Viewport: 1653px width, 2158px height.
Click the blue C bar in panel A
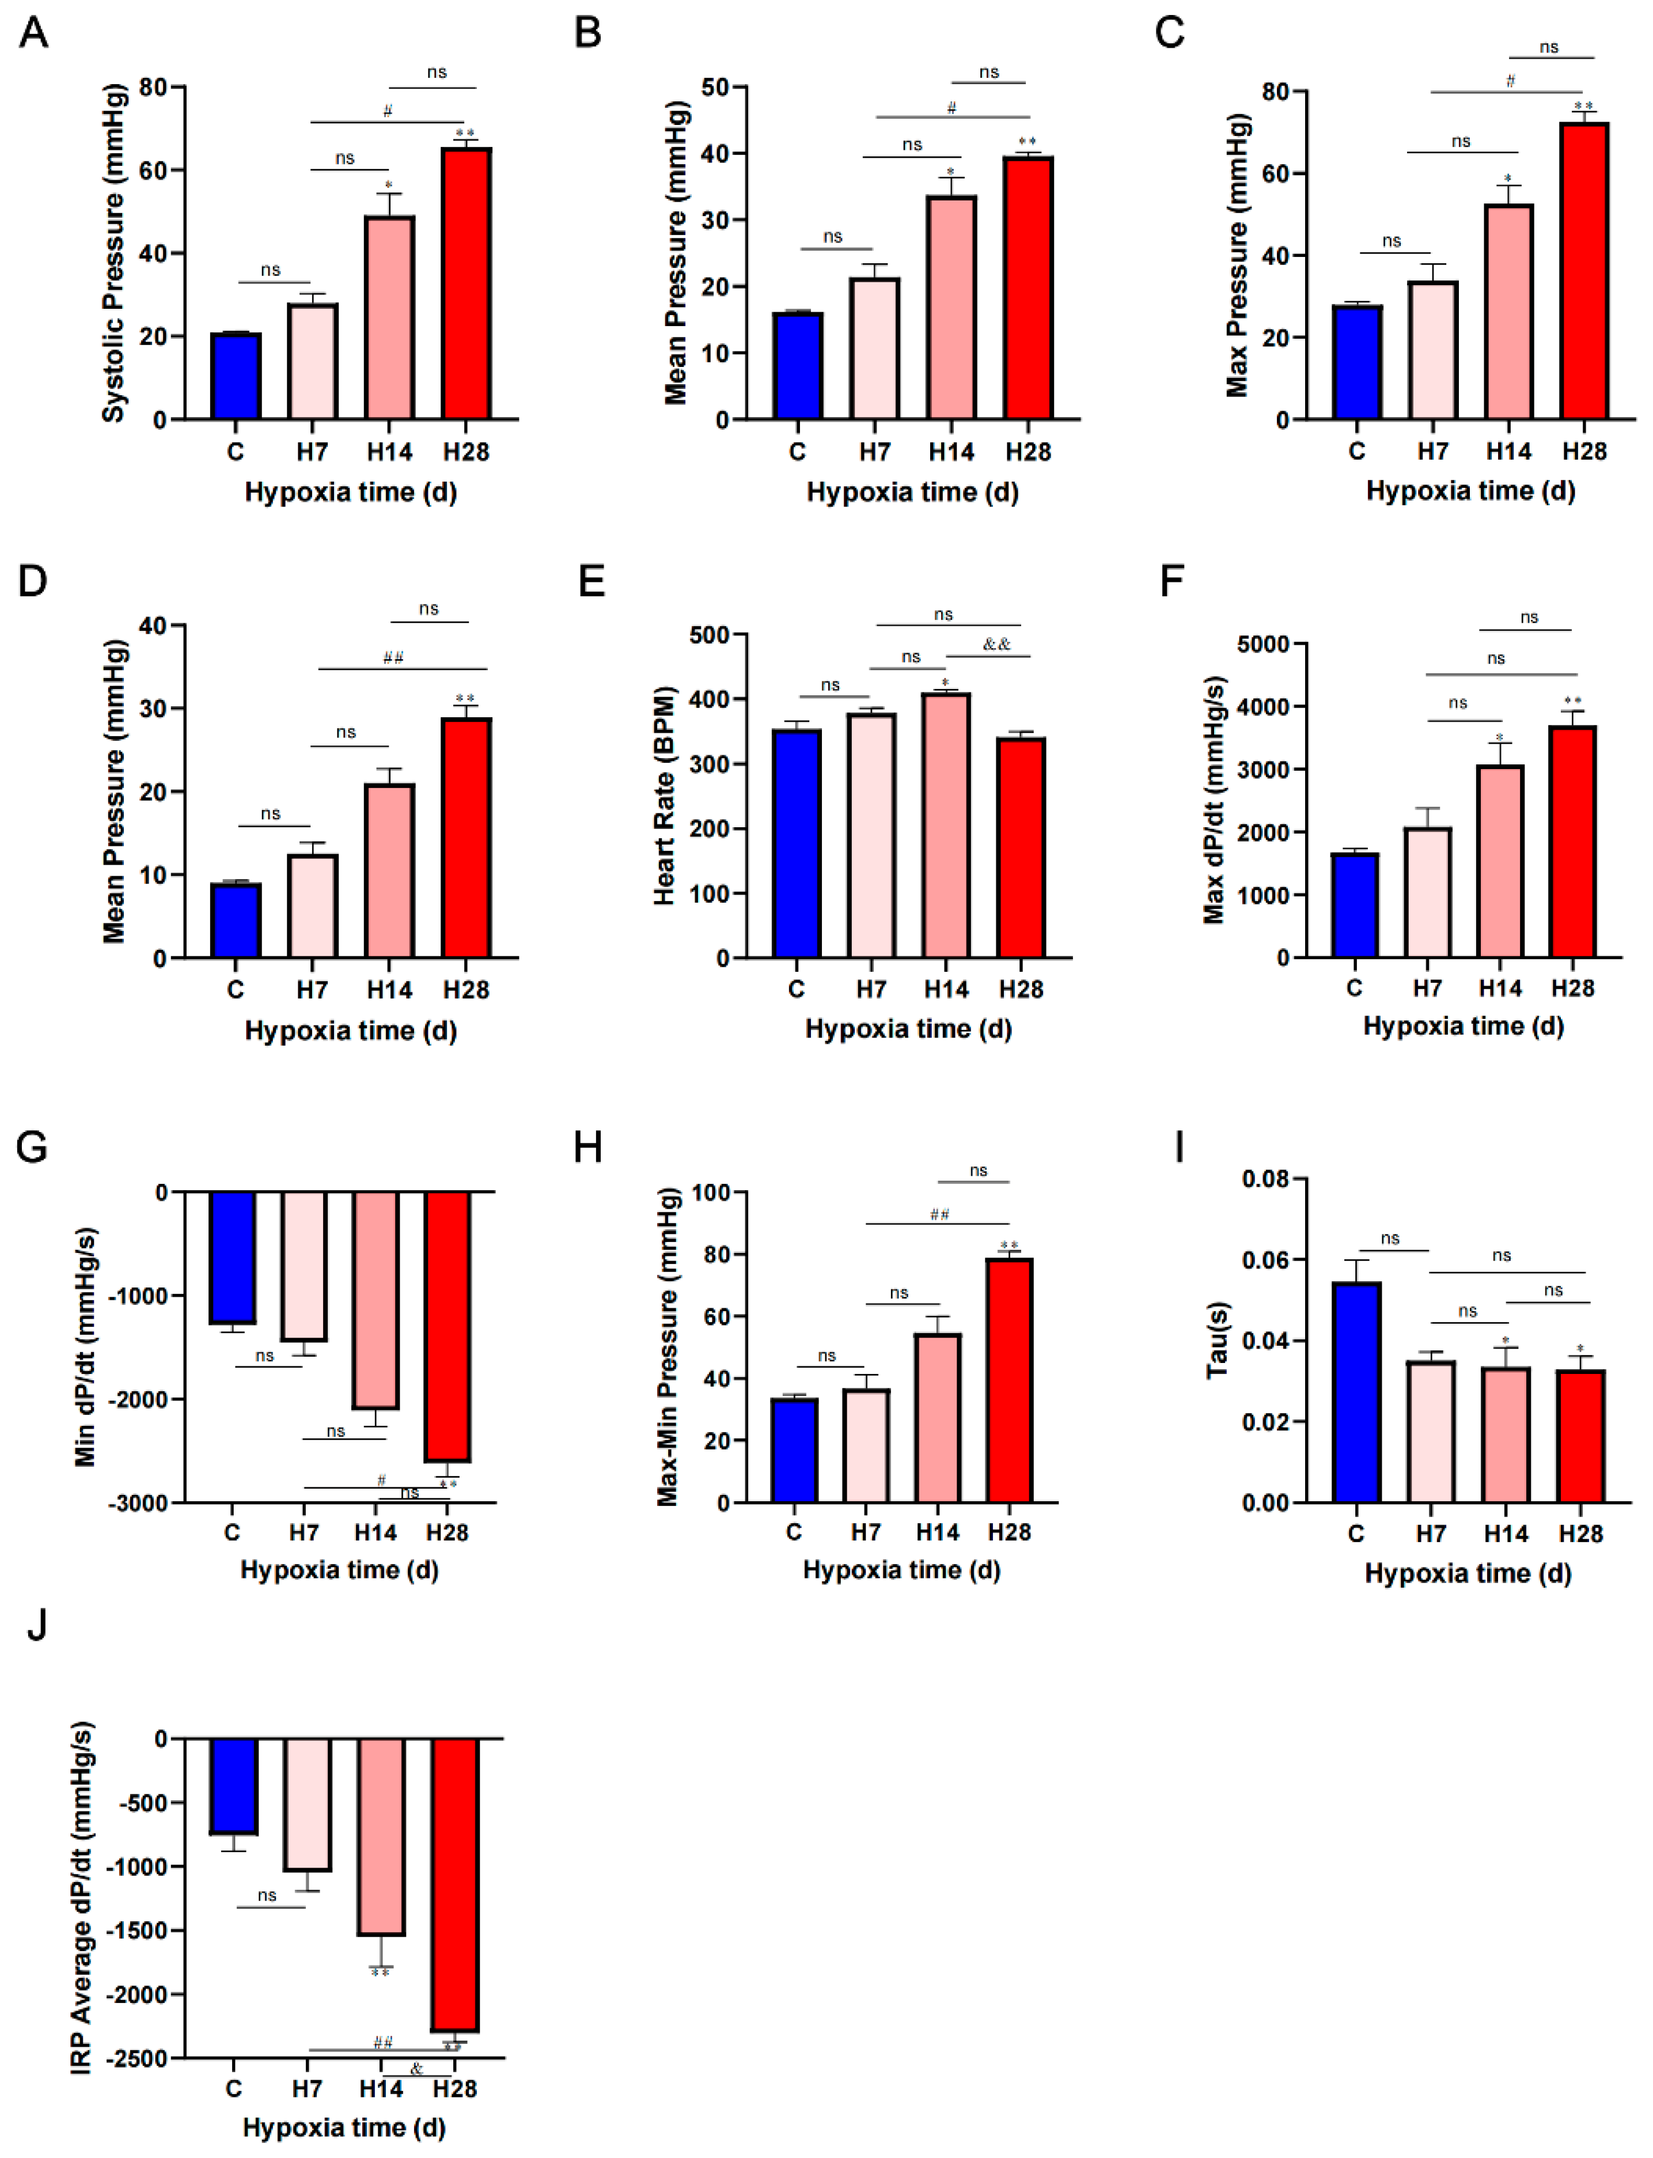236,377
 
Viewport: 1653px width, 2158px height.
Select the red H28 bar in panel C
1584,271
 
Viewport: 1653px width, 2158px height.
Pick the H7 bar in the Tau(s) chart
1431,1432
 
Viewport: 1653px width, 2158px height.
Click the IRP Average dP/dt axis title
83,1897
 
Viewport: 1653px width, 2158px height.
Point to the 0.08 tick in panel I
1268,1179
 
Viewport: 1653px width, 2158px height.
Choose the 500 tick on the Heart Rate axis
710,635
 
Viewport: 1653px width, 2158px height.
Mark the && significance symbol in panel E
996,645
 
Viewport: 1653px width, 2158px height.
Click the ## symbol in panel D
393,657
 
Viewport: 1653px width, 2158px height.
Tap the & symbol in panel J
416,2069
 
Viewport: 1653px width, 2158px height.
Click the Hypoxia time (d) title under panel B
912,492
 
